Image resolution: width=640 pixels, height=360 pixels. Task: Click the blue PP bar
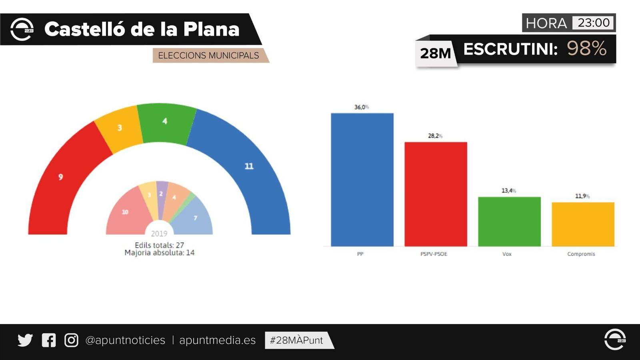tap(362, 180)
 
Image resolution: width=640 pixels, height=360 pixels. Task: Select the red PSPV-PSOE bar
tap(436, 194)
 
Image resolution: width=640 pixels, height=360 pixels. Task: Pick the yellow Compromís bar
tap(583, 224)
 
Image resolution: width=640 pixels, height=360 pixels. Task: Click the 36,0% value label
tap(361, 107)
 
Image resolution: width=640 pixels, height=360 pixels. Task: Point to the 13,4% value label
tap(508, 191)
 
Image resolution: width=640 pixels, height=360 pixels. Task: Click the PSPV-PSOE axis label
tap(434, 254)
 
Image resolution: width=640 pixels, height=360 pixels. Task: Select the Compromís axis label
tap(581, 254)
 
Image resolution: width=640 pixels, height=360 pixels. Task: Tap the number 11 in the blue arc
tap(249, 166)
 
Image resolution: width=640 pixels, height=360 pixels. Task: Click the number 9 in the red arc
tap(60, 177)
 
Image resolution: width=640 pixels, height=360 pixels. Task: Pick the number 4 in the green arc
tap(165, 121)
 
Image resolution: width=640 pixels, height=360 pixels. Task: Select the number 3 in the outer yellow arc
tap(119, 128)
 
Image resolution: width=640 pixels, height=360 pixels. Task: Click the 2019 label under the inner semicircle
tap(159, 234)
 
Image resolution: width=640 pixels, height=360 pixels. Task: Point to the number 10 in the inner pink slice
tap(125, 212)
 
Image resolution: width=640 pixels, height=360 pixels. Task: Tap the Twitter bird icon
tap(25, 340)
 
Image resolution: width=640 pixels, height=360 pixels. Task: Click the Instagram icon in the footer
tap(71, 340)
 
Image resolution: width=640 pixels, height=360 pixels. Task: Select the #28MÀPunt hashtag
tap(296, 340)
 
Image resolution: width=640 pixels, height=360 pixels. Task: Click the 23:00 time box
tap(593, 23)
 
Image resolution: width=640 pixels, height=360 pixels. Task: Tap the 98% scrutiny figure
tap(586, 49)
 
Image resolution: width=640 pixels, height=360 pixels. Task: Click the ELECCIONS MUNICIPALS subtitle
tap(208, 56)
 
